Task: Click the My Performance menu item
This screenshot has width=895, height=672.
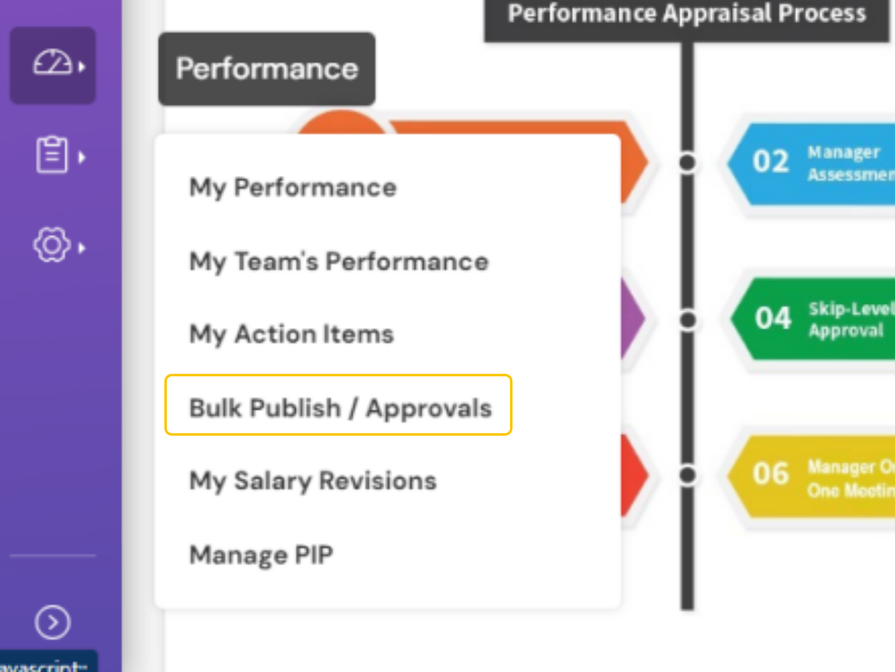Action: [292, 188]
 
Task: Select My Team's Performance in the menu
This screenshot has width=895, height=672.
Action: [339, 261]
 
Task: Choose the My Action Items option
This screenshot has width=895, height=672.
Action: [291, 334]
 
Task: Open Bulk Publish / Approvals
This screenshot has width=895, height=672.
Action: [340, 408]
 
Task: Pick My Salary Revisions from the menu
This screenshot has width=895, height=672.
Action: [312, 481]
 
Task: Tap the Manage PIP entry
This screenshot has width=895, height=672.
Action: [261, 554]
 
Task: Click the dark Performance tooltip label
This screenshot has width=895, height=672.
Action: [267, 69]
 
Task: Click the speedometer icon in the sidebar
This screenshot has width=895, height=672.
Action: [52, 64]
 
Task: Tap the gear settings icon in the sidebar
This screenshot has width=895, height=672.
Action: [52, 245]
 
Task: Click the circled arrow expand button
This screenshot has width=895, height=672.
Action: [52, 622]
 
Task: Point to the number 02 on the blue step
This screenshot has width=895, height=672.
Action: [771, 161]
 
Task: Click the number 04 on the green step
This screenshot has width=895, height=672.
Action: [773, 318]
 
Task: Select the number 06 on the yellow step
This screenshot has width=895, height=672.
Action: [771, 473]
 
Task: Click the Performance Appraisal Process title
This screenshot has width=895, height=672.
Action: [687, 14]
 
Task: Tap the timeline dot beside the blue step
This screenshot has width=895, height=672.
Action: [687, 163]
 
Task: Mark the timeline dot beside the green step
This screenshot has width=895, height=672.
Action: [687, 320]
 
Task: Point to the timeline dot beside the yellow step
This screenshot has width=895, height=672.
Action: [687, 475]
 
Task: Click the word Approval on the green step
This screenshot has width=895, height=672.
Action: [846, 330]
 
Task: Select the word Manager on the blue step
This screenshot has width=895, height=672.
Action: [844, 152]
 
